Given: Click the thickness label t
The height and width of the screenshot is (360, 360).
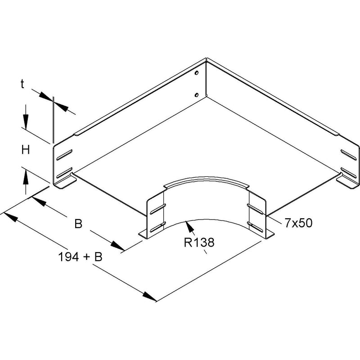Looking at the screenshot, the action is (x=22, y=84).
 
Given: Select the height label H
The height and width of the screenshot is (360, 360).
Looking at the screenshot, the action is (x=26, y=150).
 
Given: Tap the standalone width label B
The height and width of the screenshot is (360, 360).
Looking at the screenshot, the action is (x=78, y=224).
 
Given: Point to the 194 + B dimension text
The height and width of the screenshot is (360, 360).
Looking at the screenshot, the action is (x=80, y=257).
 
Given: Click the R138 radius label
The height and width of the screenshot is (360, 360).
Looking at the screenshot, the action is (x=199, y=243).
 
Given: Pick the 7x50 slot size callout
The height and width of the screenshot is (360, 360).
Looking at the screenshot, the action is (x=299, y=223).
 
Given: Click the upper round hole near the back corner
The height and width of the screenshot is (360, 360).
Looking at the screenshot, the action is (x=196, y=73).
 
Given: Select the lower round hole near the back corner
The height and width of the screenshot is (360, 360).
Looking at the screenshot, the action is (x=196, y=94).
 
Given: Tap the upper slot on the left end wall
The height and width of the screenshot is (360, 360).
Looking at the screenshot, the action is (x=64, y=154).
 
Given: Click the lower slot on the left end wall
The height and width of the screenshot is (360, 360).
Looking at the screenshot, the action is (x=64, y=173).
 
